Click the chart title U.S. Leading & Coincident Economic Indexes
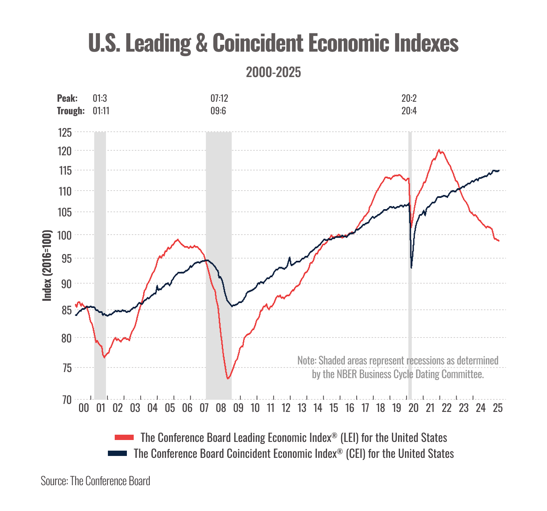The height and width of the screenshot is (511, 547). click(273, 43)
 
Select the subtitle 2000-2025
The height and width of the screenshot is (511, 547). click(273, 72)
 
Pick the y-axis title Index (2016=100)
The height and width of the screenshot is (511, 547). click(47, 265)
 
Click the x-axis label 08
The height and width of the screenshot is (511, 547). click(221, 408)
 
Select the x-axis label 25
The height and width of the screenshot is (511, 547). click(498, 408)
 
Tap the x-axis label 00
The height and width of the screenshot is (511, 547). click(84, 408)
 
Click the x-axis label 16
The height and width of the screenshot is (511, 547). click(349, 408)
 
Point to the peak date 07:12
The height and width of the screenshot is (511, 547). click(219, 98)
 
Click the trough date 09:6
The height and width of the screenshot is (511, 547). click(218, 111)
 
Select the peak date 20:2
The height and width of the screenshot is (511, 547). click(409, 98)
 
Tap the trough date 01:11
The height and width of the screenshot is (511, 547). click(101, 111)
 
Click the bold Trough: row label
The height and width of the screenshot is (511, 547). click(71, 111)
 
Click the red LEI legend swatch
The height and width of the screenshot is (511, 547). click(124, 437)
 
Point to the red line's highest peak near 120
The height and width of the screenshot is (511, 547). click(439, 150)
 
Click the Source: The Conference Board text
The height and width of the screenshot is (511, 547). click(95, 481)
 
